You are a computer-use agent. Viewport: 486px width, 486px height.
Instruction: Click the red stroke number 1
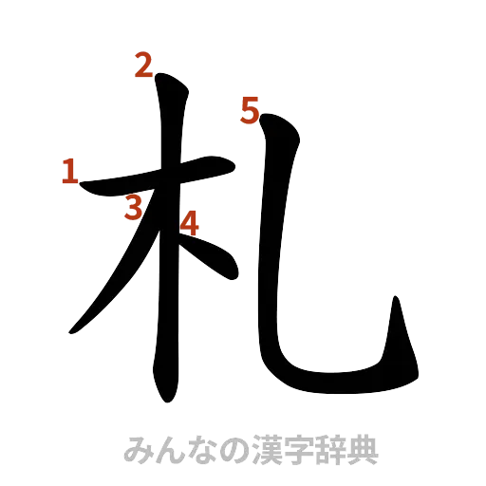click(69, 172)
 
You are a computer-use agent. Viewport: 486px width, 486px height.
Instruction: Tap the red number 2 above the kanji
click(142, 66)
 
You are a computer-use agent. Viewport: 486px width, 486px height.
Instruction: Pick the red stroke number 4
click(190, 223)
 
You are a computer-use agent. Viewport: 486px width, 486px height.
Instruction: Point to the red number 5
click(249, 113)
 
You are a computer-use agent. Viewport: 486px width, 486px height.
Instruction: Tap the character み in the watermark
click(139, 449)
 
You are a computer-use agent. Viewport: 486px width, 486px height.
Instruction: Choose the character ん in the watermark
click(171, 449)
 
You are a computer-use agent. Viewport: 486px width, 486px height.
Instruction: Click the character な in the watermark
click(203, 449)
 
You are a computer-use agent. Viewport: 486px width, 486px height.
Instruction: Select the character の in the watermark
click(235, 449)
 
